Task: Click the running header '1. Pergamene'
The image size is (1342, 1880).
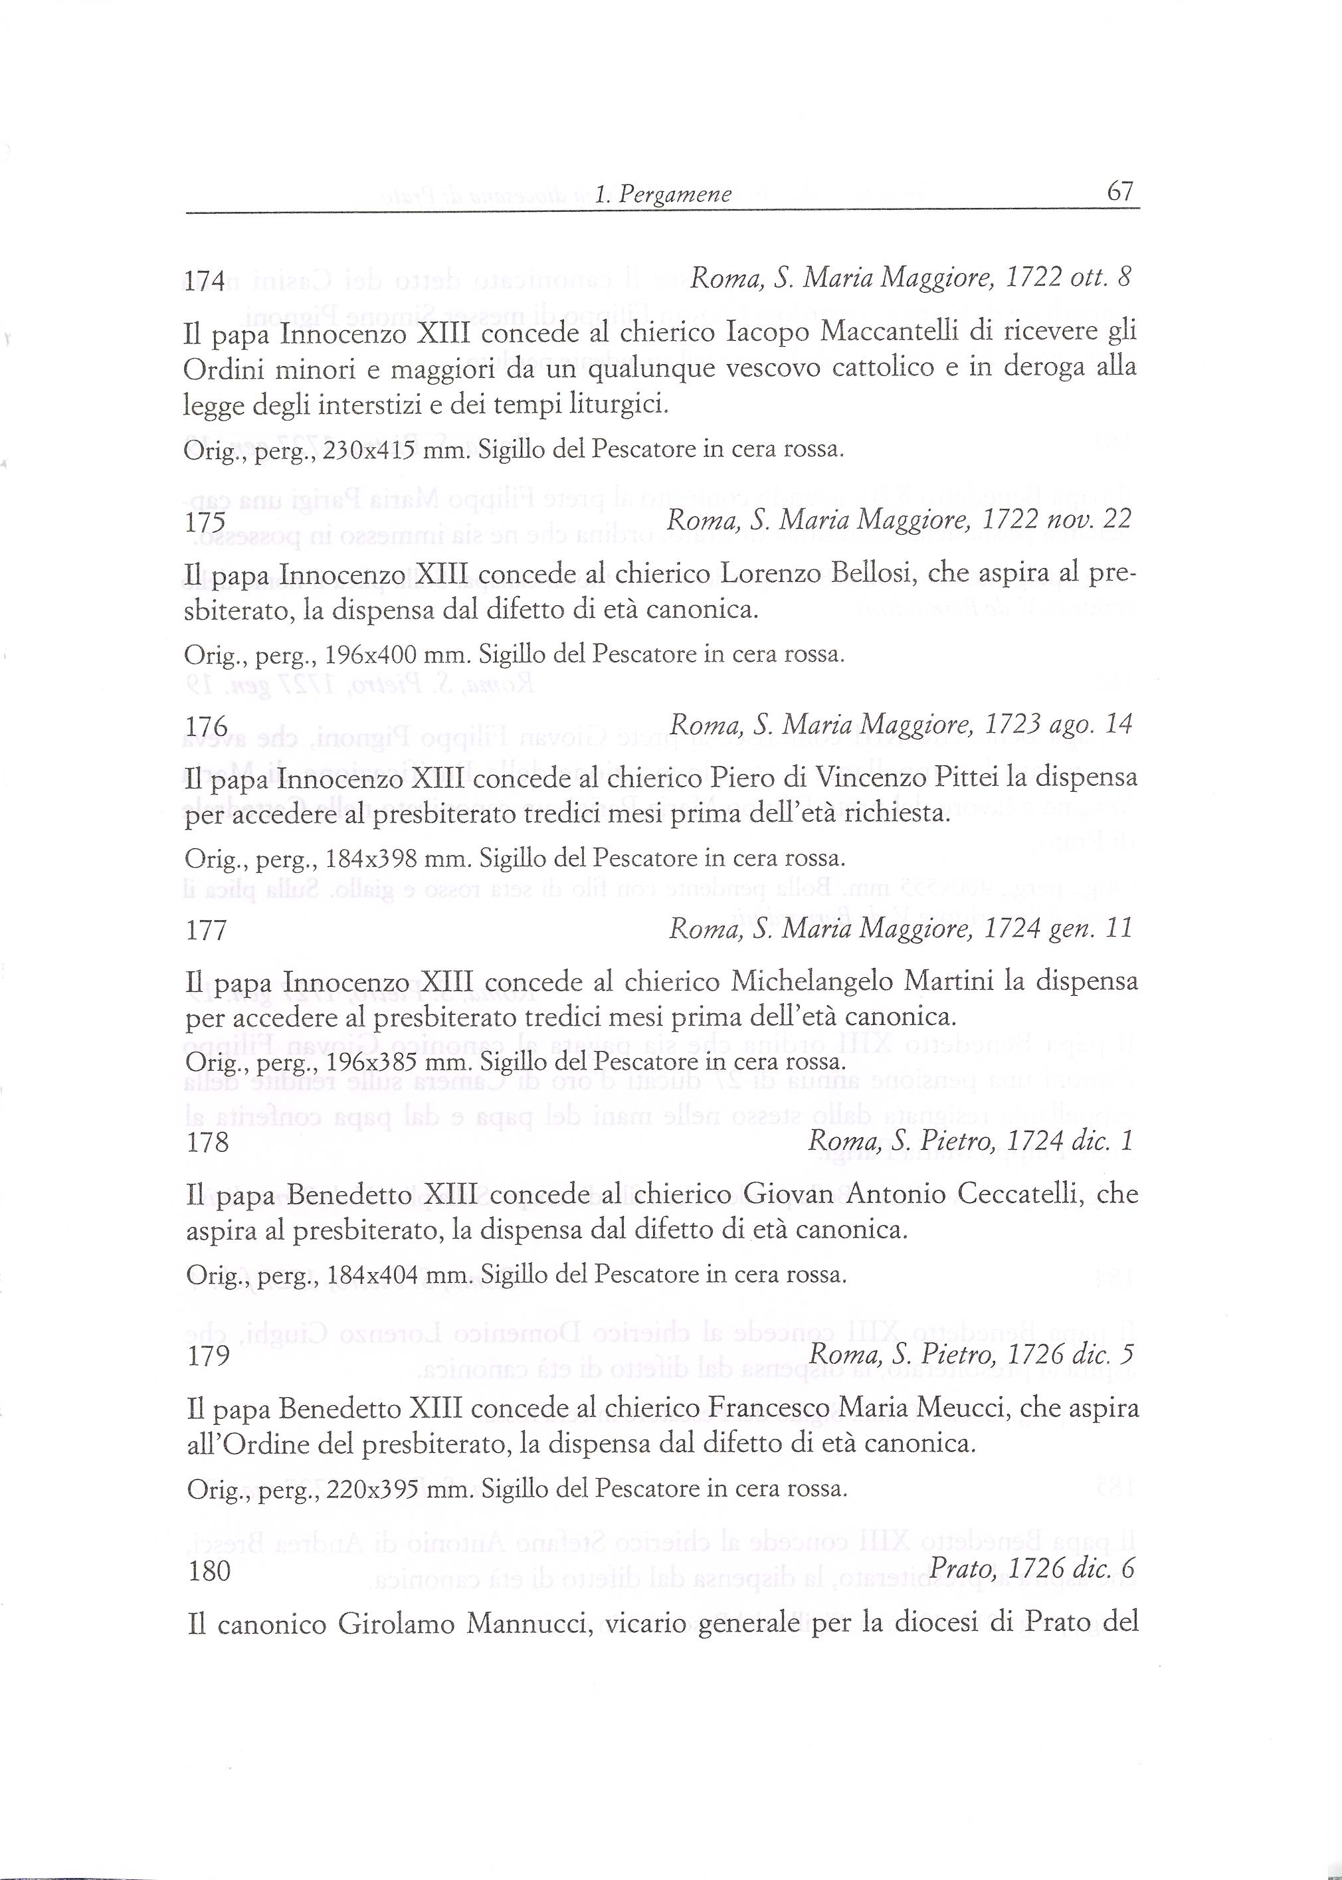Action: tap(664, 194)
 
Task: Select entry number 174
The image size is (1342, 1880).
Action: tap(204, 281)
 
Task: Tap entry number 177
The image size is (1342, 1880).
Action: tap(207, 931)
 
